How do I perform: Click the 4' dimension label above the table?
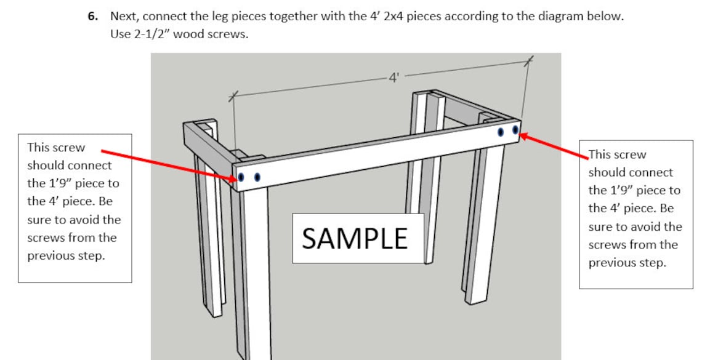point(394,78)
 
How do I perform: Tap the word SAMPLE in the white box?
point(355,238)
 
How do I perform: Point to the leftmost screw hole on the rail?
point(241,177)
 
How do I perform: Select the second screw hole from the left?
point(257,177)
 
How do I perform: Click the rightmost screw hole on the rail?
point(515,130)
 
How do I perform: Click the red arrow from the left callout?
point(166,164)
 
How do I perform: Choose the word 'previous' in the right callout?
point(611,263)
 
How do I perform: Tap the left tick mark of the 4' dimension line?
point(232,96)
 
